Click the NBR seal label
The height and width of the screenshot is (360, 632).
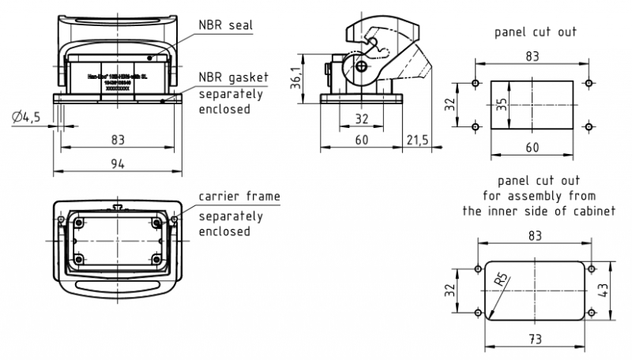click(224, 25)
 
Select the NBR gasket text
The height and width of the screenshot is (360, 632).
click(234, 77)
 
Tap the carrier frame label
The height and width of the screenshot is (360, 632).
click(239, 196)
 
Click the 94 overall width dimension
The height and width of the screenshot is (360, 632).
click(118, 163)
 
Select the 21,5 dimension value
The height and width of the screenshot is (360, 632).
click(417, 140)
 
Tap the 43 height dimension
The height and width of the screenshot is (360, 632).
click(604, 290)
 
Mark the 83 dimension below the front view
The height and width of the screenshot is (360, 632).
click(118, 140)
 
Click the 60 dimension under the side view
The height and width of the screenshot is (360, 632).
click(360, 140)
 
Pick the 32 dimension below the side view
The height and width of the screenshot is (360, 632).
click(360, 118)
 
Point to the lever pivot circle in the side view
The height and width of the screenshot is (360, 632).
click(362, 67)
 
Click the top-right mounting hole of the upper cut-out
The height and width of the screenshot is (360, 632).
click(588, 83)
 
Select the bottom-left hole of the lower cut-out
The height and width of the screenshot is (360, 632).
click(479, 313)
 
